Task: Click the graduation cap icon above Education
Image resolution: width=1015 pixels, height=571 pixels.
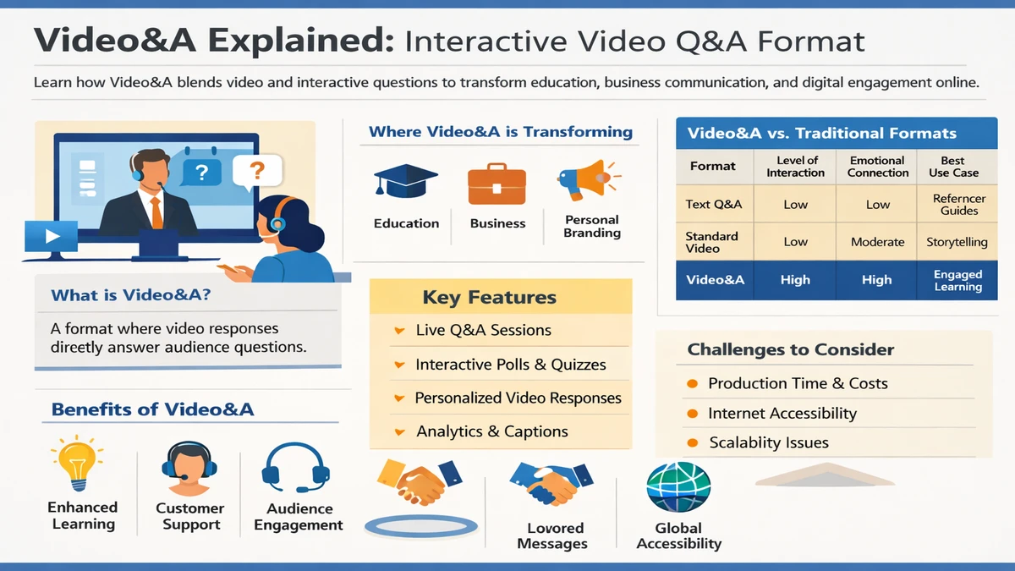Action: (406, 183)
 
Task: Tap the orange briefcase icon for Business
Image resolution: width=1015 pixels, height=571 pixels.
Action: (497, 184)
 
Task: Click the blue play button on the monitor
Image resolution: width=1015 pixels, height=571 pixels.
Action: (51, 236)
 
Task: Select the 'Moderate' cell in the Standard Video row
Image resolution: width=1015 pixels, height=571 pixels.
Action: (877, 242)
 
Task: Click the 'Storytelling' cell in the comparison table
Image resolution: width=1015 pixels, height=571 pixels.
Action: (957, 242)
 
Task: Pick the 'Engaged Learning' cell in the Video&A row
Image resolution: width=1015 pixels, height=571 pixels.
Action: (957, 281)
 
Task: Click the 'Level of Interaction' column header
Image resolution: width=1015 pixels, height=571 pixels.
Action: (796, 167)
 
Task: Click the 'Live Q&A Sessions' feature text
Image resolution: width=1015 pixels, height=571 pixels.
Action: (483, 331)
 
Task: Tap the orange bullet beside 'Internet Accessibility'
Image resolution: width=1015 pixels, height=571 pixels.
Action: (691, 414)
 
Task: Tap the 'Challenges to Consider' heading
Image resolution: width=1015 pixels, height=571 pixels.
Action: (790, 349)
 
